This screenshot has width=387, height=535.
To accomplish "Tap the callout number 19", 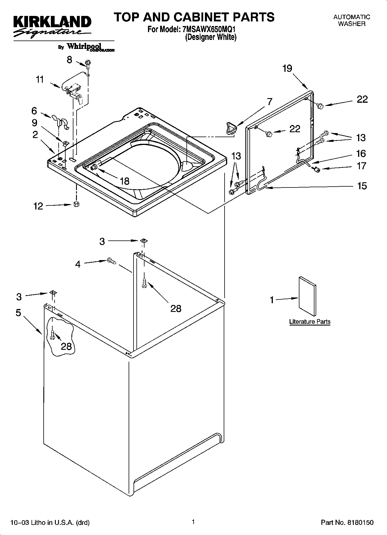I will click(287, 69).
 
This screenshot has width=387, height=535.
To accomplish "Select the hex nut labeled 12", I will click(76, 204).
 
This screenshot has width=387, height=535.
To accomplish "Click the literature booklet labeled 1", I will click(307, 296).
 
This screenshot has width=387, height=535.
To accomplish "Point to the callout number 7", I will click(269, 102).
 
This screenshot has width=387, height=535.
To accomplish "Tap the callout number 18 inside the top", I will click(125, 181).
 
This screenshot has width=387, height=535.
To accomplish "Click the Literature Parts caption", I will click(310, 322).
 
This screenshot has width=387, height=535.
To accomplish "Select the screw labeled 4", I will click(111, 261).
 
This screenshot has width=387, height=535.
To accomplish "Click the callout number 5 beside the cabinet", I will click(18, 313).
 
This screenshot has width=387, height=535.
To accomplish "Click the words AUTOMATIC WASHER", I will click(351, 21).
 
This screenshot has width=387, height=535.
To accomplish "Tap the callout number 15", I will click(362, 186).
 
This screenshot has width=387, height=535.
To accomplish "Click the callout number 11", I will click(40, 79).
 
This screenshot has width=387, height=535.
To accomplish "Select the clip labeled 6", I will click(60, 121).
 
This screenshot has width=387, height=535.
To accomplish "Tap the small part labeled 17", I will click(317, 170).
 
